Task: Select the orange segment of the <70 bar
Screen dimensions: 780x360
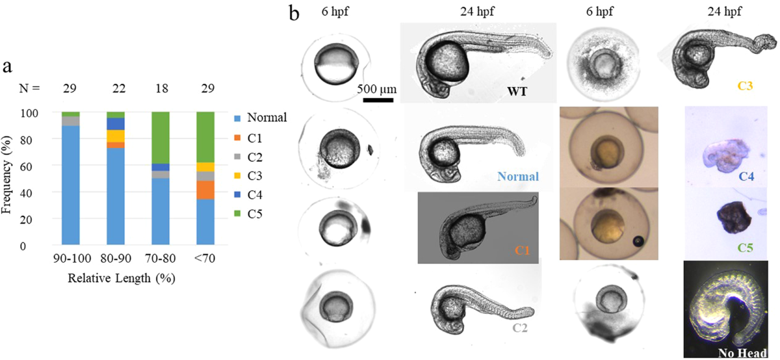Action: pos(205,190)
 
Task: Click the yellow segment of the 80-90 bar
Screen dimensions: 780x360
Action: pos(115,136)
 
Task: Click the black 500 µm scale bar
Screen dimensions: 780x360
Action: pos(378,100)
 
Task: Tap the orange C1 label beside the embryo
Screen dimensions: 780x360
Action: pos(521,250)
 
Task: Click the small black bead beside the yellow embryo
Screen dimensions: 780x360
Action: pos(639,242)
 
